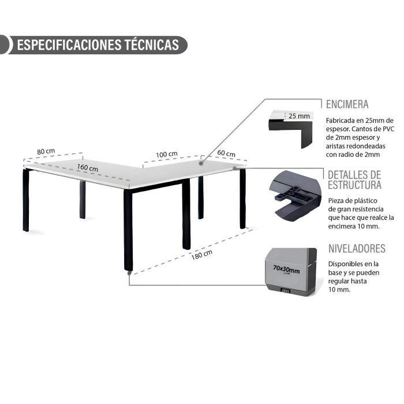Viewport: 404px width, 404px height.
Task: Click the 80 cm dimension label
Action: point(46,151)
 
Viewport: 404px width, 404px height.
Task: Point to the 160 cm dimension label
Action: point(88,167)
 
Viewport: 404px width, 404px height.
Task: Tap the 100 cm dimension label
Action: point(167,154)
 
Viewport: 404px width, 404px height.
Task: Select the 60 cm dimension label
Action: point(226,154)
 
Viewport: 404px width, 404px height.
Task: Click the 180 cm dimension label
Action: point(202,255)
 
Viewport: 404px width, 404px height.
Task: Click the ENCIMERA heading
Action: point(347,104)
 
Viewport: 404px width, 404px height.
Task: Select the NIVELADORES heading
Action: point(357,249)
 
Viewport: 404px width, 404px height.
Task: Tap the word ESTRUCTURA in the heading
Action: point(354,185)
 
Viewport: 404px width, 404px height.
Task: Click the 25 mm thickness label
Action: point(299,116)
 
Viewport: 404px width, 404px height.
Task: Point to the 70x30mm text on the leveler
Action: point(286,270)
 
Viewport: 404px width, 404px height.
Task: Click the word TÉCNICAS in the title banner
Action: point(152,45)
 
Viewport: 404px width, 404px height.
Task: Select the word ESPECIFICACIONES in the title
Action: point(69,45)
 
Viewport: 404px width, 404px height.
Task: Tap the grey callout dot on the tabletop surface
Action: point(201,163)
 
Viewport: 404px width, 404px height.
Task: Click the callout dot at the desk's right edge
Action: point(234,169)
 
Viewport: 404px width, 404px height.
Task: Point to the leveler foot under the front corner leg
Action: point(129,273)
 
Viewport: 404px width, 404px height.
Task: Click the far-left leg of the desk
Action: point(26,200)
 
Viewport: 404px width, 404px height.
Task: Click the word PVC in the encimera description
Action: point(388,129)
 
